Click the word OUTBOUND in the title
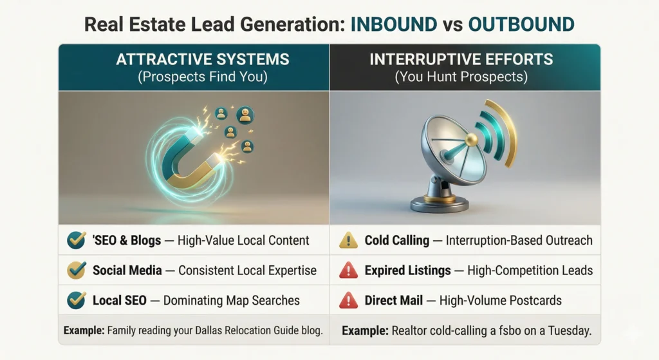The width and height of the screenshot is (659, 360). [x=521, y=24]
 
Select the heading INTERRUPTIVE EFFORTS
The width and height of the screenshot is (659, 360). [x=461, y=60]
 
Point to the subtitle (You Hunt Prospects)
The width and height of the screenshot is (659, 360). [x=461, y=77]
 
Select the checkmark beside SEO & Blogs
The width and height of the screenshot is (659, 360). [x=76, y=241]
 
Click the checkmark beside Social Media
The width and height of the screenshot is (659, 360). [x=76, y=270]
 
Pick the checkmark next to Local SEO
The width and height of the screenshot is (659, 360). [x=76, y=300]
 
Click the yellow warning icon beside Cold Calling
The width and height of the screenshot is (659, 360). [x=348, y=241]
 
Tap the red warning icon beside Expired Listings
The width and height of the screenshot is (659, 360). [x=348, y=270]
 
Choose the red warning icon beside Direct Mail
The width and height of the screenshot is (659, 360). [x=348, y=300]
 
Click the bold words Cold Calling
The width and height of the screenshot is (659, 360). [x=396, y=241]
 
